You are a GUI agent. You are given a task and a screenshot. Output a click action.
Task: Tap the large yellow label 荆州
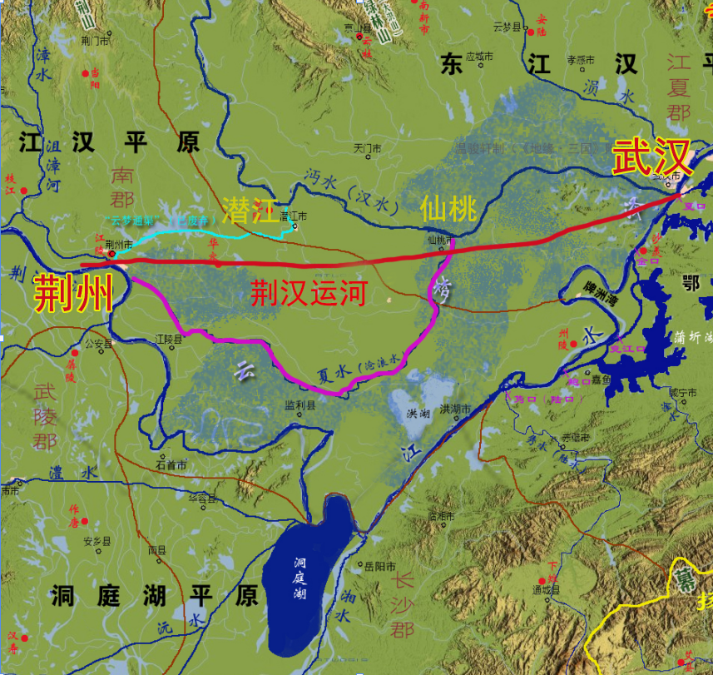[72, 293]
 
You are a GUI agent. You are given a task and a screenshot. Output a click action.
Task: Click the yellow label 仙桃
[448, 207]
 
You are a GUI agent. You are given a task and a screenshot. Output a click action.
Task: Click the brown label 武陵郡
[46, 415]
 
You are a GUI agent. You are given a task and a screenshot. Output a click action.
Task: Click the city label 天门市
[367, 148]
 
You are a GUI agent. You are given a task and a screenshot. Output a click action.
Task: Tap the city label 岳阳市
[381, 567]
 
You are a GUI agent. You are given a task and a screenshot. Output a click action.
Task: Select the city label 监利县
[300, 406]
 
